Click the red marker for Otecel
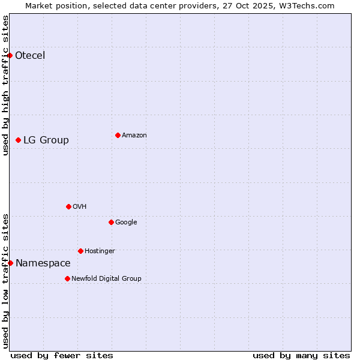pyautogui.click(x=10, y=55)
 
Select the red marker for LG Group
pyautogui.click(x=18, y=140)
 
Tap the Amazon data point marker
pyautogui.click(x=118, y=135)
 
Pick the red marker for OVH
pyautogui.click(x=68, y=206)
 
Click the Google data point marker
pyautogui.click(x=111, y=222)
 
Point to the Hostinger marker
pyautogui.click(x=80, y=251)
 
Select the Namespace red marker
pyautogui.click(x=10, y=263)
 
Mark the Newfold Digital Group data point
pyautogui.click(x=67, y=278)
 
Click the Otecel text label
pyautogui.click(x=30, y=56)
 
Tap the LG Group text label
pyautogui.click(x=46, y=140)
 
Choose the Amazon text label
pyautogui.click(x=134, y=136)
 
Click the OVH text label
pyautogui.click(x=80, y=207)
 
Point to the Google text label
pyautogui.click(x=126, y=223)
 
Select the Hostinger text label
pyautogui.click(x=100, y=251)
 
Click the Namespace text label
pyautogui.click(x=43, y=263)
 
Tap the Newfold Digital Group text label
pyautogui.click(x=106, y=279)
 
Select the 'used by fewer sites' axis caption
pyautogui.click(x=62, y=355)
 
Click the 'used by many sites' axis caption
pyautogui.click(x=301, y=355)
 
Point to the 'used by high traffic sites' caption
pyautogui.click(x=5, y=85)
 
